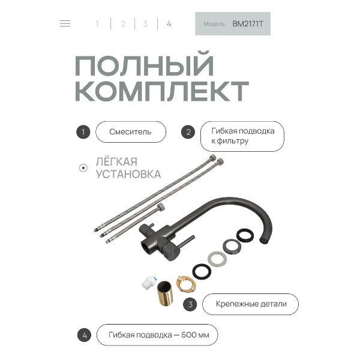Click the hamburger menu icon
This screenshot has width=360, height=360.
click(x=65, y=24)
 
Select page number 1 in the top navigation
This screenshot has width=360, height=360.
click(x=97, y=24)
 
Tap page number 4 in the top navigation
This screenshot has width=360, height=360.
click(x=169, y=24)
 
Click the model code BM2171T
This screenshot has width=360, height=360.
click(x=248, y=24)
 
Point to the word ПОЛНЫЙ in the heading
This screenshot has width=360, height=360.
click(x=144, y=65)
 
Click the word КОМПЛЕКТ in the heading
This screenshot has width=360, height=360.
click(x=162, y=91)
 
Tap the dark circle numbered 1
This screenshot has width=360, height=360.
click(x=83, y=132)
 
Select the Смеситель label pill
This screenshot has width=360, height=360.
click(x=130, y=132)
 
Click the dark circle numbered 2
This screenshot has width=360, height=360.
click(x=188, y=132)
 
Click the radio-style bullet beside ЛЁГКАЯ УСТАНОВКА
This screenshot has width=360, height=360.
click(x=83, y=168)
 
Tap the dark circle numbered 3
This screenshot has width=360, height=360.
click(x=190, y=304)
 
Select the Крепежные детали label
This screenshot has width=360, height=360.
click(x=250, y=304)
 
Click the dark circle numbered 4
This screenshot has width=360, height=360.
click(x=85, y=335)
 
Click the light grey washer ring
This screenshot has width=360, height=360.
click(x=217, y=259)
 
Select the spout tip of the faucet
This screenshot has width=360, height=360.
click(x=265, y=240)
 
